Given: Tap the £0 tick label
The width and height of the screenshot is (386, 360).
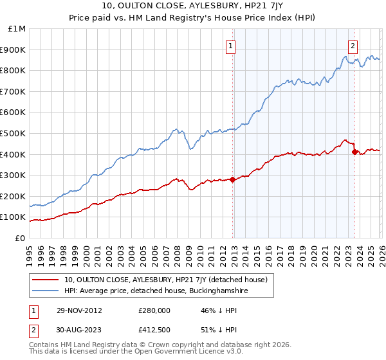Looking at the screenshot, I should pyautogui.click(x=20, y=238).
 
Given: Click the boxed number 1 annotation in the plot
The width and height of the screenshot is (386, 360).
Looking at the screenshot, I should pyautogui.click(x=230, y=46).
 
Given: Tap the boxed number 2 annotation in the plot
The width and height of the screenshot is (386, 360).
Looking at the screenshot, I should pyautogui.click(x=353, y=46).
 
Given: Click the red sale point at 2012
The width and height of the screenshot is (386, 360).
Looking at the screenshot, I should pyautogui.click(x=232, y=179).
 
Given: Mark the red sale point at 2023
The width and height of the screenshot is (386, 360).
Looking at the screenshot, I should pyautogui.click(x=354, y=152).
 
